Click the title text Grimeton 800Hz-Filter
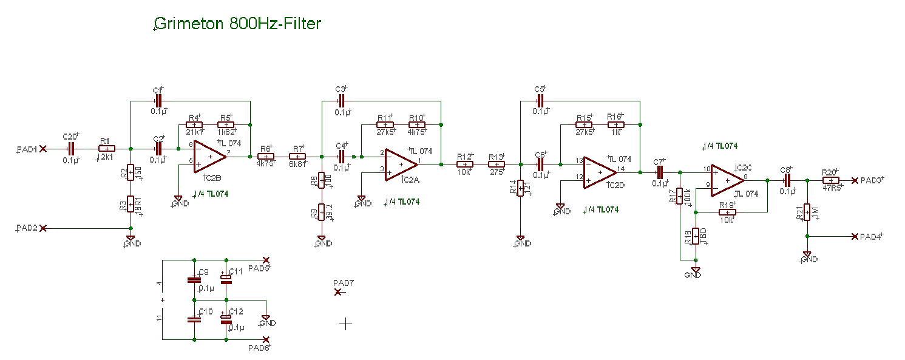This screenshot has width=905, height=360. coord(238,24)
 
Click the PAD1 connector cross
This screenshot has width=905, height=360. coord(42,148)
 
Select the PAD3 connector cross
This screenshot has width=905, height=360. coord(855,180)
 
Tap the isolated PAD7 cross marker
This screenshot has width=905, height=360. coord(338,293)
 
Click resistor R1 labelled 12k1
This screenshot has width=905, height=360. coord(107,148)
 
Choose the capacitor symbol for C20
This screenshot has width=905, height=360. coord(71,148)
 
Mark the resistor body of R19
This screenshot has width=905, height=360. coord(727,212)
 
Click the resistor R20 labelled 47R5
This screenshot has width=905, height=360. coord(830,180)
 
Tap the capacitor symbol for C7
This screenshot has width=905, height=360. coord(660,172)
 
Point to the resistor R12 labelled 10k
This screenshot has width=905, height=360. coord(464,165)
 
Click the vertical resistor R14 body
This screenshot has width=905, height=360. coord(520,188)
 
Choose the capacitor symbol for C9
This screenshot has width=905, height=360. coord(194,280)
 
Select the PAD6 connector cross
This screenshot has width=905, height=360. coord(265,340)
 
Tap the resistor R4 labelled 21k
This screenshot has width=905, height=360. coord(194,125)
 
